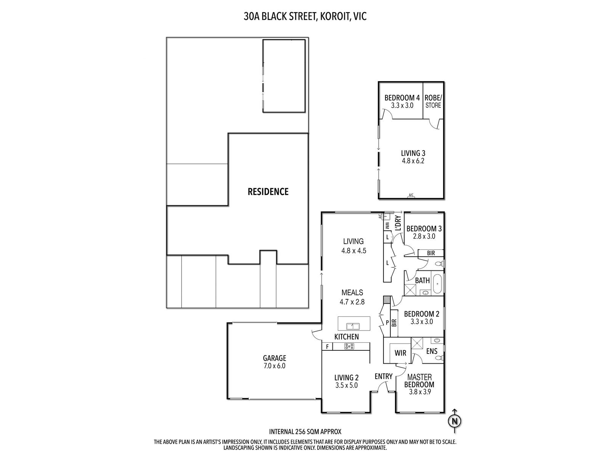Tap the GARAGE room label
point(274,358)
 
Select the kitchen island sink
point(353,326)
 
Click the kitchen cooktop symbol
point(349,346)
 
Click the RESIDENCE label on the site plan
point(268,192)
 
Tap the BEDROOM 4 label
point(399,97)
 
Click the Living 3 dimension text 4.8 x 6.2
point(413,161)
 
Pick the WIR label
point(400,353)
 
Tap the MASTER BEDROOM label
point(420,381)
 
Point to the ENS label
point(432,351)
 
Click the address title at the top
point(305,16)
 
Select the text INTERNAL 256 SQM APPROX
point(305,431)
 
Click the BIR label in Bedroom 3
point(431,253)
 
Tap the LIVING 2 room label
point(347,378)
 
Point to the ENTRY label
point(384,376)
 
